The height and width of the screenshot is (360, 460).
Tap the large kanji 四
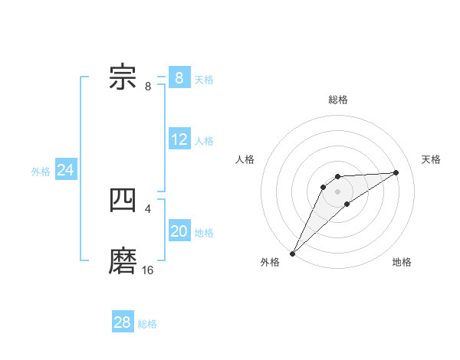123,201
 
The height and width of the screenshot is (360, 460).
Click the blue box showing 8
179,78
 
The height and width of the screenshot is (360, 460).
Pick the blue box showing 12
179,139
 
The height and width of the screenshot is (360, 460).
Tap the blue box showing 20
179,231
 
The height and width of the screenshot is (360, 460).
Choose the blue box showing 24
66,170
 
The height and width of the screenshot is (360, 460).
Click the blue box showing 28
123,322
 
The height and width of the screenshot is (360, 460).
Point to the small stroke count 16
148,270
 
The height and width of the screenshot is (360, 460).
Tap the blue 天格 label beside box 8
204,79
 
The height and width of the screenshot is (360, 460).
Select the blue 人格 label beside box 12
204,140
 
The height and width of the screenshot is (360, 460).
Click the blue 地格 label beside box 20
204,232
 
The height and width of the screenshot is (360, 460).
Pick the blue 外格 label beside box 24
41,172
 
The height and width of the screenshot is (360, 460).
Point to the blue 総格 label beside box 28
147,323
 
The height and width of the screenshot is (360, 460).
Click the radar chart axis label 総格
337,100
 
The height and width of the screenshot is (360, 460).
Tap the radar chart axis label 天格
432,159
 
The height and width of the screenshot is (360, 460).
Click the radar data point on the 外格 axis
292,254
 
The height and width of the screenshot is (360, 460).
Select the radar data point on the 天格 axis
396,172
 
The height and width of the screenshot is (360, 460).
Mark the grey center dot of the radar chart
337,191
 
